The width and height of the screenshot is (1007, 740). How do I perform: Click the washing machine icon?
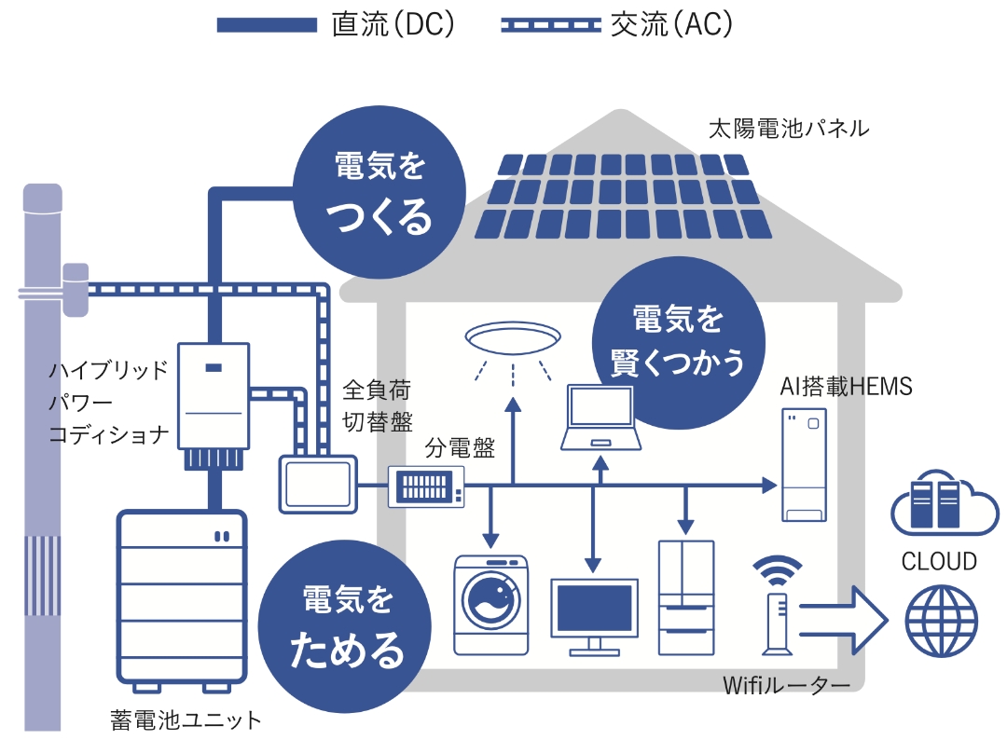pyautogui.click(x=490, y=605)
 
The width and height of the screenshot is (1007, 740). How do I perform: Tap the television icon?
pyautogui.click(x=594, y=611)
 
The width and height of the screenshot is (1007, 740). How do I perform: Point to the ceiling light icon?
pyautogui.click(x=512, y=336)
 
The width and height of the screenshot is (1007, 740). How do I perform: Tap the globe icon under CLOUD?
pyautogui.click(x=940, y=620)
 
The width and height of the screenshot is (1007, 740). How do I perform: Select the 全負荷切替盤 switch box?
pyautogui.click(x=318, y=483)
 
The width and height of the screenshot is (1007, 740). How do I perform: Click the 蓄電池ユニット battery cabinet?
pyautogui.click(x=181, y=597)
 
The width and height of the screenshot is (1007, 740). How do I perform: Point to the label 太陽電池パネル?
pyautogui.click(x=788, y=129)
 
